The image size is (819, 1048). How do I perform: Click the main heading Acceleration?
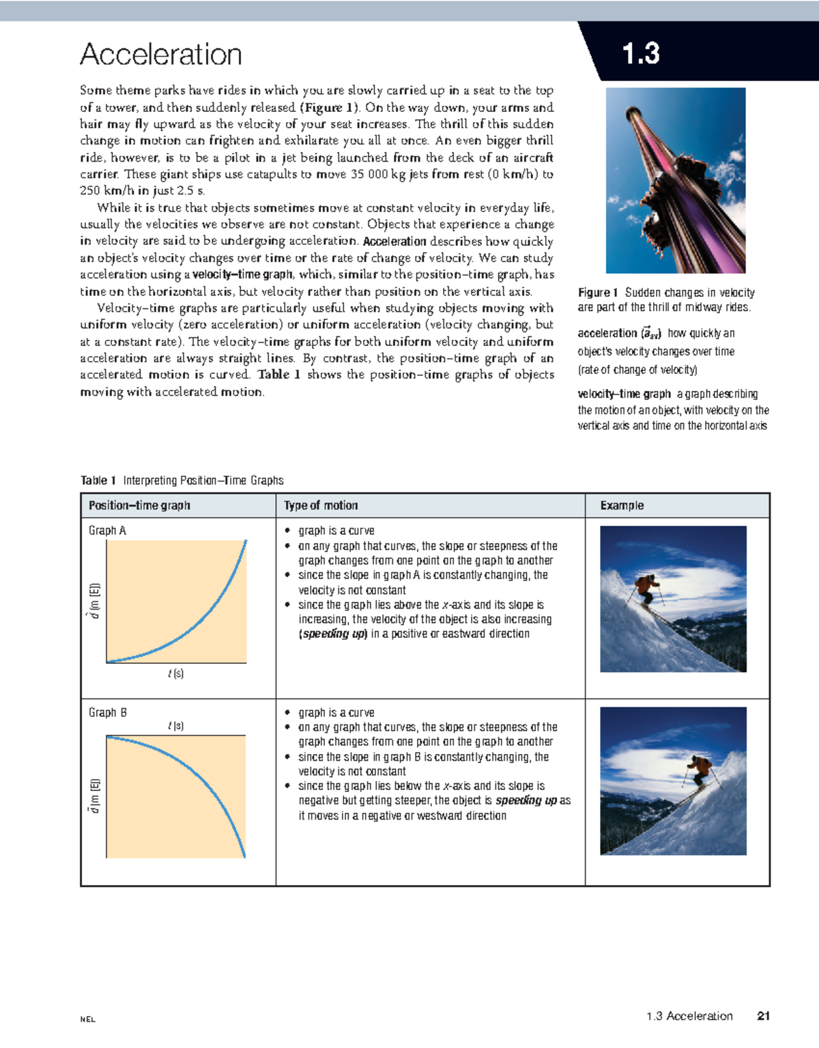point(161,55)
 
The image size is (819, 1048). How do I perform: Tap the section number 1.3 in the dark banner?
point(640,54)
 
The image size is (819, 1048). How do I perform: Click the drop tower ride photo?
point(676,181)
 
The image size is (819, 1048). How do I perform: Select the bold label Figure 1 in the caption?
point(597,293)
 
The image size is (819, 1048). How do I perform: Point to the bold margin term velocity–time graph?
point(624,394)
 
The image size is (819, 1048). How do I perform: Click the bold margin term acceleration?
point(607,333)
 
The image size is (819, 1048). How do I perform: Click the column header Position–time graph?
point(139,506)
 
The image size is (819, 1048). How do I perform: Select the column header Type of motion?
point(321,506)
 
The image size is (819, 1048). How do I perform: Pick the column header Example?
point(622,506)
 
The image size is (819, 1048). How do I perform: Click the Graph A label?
point(107,530)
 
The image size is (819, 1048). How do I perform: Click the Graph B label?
point(107,712)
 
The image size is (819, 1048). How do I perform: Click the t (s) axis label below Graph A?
point(175,673)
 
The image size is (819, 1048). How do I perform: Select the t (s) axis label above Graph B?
point(175,726)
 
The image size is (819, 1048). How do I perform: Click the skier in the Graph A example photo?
point(646,588)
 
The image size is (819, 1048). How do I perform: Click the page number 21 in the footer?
point(763,1016)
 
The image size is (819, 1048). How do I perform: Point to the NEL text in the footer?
point(87,1019)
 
